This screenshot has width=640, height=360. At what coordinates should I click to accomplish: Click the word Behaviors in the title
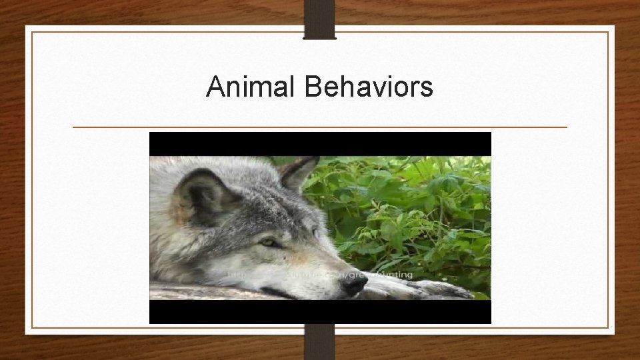(369, 87)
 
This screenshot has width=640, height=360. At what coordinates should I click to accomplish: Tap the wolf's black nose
(353, 285)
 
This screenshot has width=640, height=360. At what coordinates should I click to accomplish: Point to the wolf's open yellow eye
(269, 242)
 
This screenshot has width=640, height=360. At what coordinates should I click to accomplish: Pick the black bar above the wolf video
(320, 143)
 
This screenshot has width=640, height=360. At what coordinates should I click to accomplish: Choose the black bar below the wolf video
(320, 312)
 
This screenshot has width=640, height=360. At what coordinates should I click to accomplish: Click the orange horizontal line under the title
(320, 127)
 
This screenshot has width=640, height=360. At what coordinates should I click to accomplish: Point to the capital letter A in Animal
(215, 87)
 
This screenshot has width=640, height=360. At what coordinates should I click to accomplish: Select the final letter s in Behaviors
(427, 89)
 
